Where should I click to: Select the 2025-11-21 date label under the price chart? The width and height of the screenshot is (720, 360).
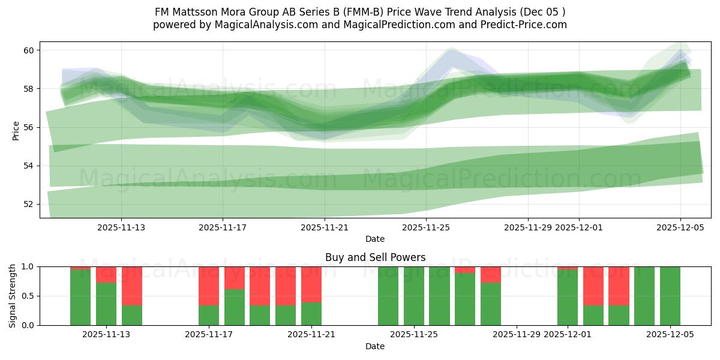coord(325,227)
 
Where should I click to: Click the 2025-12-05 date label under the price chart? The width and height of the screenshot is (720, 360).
coord(680,227)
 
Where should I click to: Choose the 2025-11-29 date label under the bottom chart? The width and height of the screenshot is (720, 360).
coord(517,335)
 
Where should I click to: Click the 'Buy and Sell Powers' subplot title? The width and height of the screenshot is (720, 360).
coord(375,257)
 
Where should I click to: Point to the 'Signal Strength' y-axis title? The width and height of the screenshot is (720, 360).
coord(13,296)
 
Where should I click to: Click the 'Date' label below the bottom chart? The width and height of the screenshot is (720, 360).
coord(375,346)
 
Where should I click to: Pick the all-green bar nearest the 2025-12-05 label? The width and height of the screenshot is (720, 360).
coord(670,296)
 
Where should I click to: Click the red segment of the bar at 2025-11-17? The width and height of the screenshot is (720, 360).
coord(209,286)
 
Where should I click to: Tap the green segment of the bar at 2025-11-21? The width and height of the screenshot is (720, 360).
coord(311,314)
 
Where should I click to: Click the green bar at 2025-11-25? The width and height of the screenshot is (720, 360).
coord(414,296)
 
